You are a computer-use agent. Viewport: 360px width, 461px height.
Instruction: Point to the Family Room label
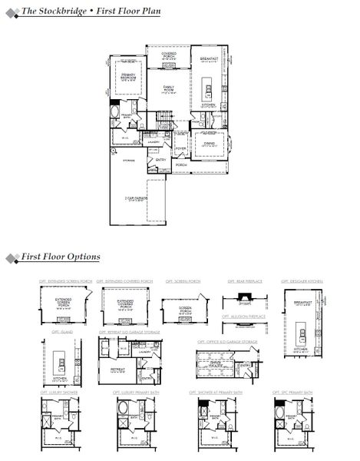[x=169, y=90]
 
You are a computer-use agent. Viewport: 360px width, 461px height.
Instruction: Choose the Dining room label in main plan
[x=208, y=143]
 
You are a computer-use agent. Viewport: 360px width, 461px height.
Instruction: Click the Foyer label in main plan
[x=181, y=148]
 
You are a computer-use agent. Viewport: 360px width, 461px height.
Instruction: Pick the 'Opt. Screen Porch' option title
[x=177, y=282]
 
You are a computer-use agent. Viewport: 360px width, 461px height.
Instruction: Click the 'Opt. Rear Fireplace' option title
[x=245, y=282]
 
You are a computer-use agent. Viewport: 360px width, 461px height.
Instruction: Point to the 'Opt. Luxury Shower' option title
[x=58, y=393]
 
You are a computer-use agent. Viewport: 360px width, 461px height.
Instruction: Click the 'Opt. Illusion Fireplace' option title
[x=245, y=315]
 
